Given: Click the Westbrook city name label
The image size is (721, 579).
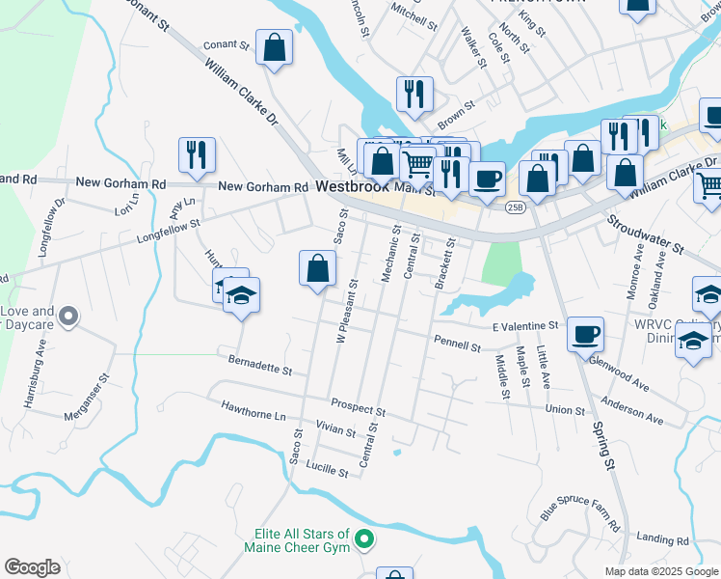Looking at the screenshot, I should click(x=352, y=188).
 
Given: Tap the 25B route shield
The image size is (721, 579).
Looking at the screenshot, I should click(x=516, y=207).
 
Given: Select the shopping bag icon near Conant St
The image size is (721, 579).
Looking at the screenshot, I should click(x=275, y=48).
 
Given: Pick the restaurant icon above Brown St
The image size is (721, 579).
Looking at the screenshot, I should click(x=414, y=95).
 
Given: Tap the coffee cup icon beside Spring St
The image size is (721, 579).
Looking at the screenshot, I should click(x=585, y=335).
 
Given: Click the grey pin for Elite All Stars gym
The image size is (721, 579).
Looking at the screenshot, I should click(x=363, y=538).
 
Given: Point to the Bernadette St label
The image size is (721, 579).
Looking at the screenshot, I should click(x=260, y=365).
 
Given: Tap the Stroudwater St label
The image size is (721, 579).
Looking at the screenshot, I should click(x=645, y=234).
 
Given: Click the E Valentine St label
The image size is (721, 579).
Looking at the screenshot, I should click(x=525, y=327).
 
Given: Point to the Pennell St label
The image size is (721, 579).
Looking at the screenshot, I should click(x=457, y=344).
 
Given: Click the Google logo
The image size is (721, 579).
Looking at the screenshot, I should click(x=32, y=567).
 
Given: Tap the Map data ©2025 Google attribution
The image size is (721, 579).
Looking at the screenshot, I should click(x=660, y=571).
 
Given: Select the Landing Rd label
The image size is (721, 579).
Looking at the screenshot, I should click(x=663, y=540).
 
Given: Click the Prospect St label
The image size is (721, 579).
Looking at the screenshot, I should click(x=358, y=407).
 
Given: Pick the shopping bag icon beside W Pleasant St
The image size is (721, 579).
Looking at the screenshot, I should click(x=317, y=269).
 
